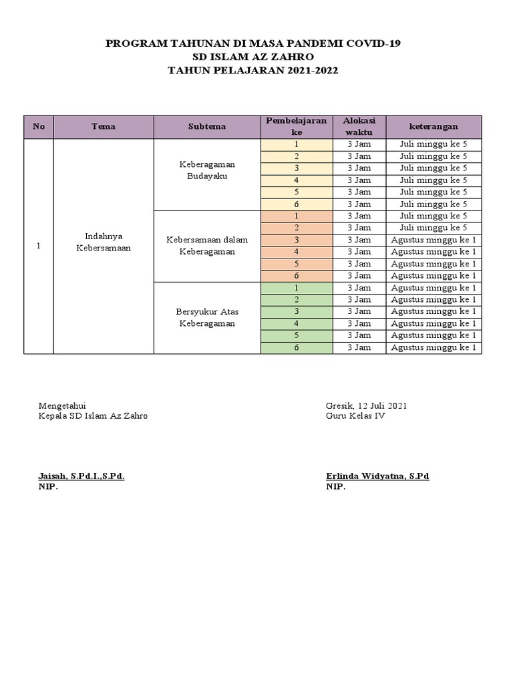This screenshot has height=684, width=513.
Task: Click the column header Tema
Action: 104,126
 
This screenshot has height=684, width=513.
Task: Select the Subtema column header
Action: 207,126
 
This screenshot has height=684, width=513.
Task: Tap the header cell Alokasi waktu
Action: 359,126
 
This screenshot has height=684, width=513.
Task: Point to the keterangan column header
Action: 434,126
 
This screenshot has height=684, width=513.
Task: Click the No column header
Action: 39,126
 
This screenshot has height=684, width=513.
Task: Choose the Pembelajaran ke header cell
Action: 297,126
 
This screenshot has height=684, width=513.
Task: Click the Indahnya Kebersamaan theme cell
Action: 104,242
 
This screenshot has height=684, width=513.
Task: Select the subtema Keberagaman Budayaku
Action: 207,170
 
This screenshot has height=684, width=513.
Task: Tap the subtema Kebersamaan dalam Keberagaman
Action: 207,246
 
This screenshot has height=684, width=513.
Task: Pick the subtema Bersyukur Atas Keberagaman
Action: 207,317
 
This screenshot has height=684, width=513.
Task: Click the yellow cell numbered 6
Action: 297,204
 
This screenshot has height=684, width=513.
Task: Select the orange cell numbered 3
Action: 297,240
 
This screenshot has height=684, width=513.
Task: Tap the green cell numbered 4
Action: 297,323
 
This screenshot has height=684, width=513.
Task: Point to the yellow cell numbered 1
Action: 297,144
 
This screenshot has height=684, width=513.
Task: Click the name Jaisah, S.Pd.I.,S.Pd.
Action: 81,476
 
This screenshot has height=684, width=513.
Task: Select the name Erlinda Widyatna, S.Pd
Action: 377,476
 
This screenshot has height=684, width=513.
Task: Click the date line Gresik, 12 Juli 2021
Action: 367,405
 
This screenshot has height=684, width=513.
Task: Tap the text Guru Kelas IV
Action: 355,415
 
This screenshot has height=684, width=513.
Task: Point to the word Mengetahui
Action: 62,405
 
